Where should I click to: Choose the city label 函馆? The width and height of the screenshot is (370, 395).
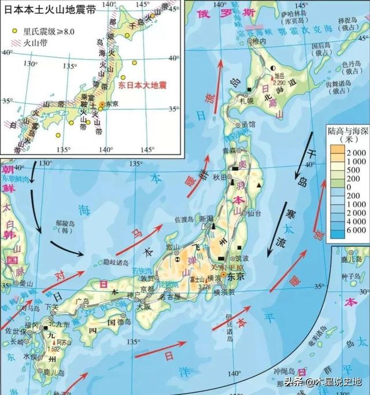pos(248,123)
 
